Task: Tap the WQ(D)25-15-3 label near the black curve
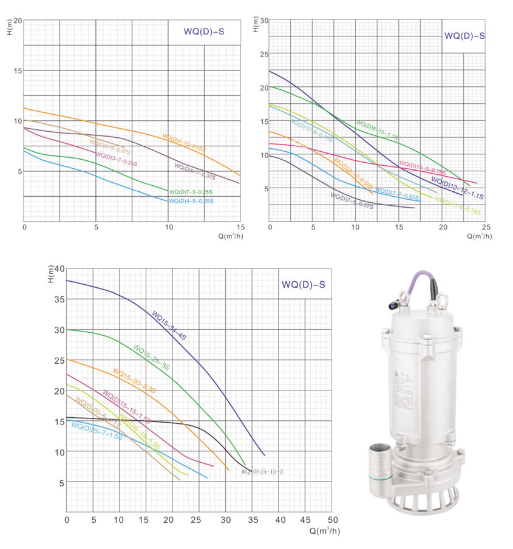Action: (x=262, y=471)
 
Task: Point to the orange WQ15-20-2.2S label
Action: (x=134, y=381)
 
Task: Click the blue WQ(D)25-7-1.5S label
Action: (x=97, y=431)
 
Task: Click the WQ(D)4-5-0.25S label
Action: (x=191, y=201)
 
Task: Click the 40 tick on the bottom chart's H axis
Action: (x=59, y=268)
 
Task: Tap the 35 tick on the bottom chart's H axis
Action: (x=59, y=299)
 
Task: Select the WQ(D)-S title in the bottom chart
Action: (x=303, y=284)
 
